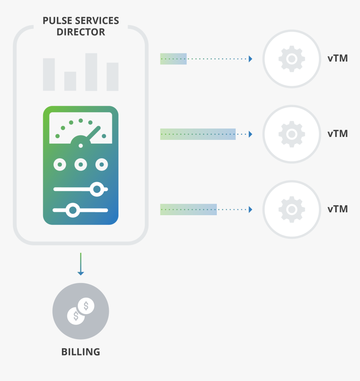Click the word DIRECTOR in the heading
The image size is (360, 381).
click(x=81, y=32)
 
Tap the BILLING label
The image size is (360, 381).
click(x=81, y=352)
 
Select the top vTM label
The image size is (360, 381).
click(x=337, y=58)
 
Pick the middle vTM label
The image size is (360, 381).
click(x=337, y=134)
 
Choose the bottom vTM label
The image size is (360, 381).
click(x=337, y=209)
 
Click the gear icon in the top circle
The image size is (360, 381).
click(x=292, y=59)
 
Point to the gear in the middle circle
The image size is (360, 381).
click(x=292, y=134)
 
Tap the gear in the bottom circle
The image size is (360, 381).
click(x=292, y=209)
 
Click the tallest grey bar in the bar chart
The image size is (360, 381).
click(x=91, y=72)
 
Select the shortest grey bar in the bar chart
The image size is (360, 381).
click(x=70, y=81)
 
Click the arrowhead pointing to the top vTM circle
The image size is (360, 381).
click(x=250, y=59)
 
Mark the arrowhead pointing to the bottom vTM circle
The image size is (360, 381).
click(x=250, y=209)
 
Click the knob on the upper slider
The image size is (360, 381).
click(x=97, y=190)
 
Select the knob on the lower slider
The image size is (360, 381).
click(x=73, y=210)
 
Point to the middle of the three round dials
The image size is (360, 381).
click(x=81, y=165)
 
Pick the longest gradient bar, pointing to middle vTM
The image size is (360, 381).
click(x=198, y=134)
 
